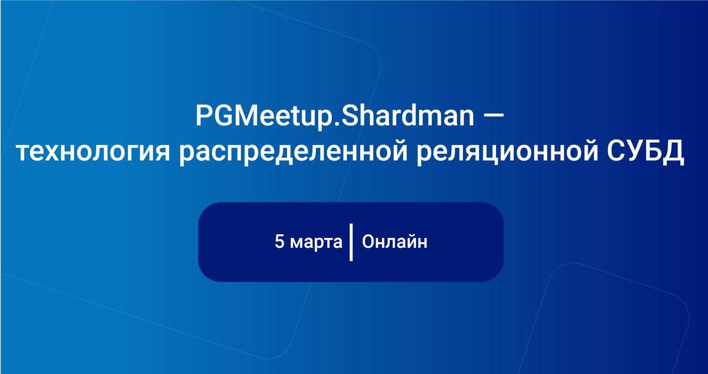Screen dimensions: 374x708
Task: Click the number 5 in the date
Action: pos(279,242)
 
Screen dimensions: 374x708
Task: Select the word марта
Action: pos(316,243)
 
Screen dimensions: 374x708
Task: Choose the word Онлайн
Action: pos(394,242)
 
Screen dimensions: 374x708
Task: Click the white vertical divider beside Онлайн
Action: pos(351,242)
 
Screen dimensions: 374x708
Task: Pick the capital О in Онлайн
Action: pos(369,242)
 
